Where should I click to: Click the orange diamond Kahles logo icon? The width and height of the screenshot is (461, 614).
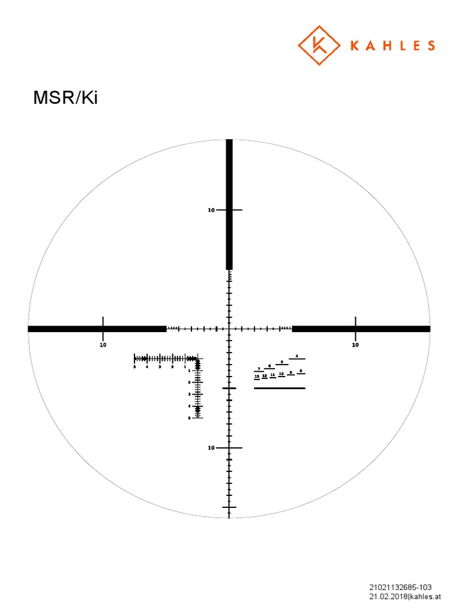(x=319, y=46)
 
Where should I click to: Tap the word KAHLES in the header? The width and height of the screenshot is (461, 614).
(x=388, y=46)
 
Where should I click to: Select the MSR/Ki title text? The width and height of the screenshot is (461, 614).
(x=65, y=98)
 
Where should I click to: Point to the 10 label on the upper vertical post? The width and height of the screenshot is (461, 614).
(x=211, y=210)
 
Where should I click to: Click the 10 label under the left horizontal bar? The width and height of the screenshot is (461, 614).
(x=103, y=345)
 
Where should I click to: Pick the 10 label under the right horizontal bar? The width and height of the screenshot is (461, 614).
(x=355, y=345)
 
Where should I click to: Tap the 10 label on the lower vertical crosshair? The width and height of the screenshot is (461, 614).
(x=211, y=448)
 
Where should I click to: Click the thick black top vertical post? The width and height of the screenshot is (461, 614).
(x=229, y=204)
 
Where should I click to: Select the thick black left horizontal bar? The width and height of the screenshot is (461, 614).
(x=96, y=329)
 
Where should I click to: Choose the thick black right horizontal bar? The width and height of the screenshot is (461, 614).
(x=361, y=329)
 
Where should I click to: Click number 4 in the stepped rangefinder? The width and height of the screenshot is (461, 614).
(x=297, y=356)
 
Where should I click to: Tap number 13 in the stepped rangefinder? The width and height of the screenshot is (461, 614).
(x=257, y=376)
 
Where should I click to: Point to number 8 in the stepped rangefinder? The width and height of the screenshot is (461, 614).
(x=301, y=371)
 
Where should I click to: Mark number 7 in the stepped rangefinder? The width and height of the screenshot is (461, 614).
(x=259, y=368)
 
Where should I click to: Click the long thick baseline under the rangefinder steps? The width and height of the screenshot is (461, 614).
(x=279, y=388)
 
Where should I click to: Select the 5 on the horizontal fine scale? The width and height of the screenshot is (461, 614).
(x=134, y=366)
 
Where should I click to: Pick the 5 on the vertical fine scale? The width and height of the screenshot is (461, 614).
(x=190, y=418)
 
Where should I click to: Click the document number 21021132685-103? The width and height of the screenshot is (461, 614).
(x=400, y=587)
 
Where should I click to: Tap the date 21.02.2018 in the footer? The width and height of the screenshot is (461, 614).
(x=388, y=597)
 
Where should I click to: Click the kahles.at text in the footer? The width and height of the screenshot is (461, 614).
(x=426, y=597)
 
